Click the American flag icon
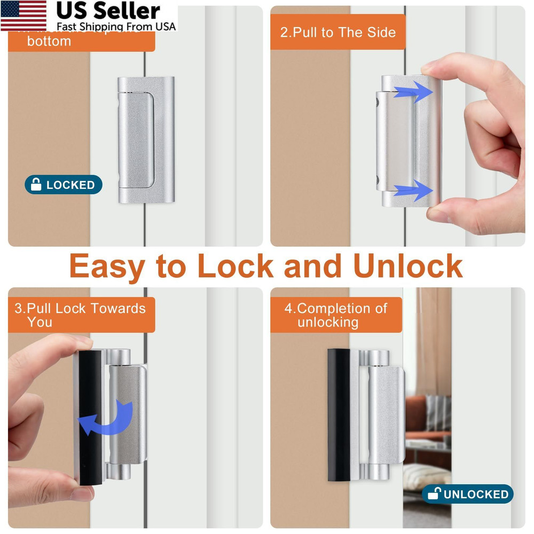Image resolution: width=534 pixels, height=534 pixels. pos(23,15)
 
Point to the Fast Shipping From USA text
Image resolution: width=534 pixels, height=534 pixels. pos(116,26)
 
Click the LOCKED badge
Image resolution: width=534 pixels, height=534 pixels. pos(64,185)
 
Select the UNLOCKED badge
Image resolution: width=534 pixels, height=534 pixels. pos(467,494)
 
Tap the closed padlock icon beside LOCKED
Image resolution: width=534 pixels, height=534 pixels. pos(36,185)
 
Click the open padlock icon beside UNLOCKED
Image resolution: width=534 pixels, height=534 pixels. pos(434,494)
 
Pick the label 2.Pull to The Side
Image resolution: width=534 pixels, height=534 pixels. pos(337,32)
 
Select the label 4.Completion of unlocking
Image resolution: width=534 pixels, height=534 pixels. pos(336,315)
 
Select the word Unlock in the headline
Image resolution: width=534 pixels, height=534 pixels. pos(408,265)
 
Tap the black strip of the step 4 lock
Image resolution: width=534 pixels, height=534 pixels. pos(339,414)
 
